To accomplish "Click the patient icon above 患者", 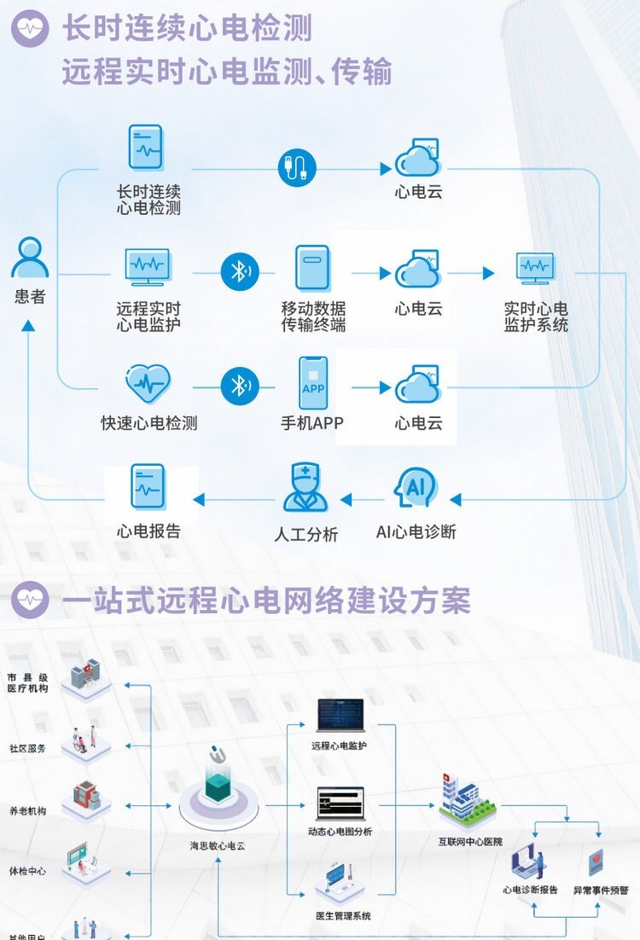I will pos(30,258).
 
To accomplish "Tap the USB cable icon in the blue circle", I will pos(297,167).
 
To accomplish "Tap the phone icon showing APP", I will pos(312,383).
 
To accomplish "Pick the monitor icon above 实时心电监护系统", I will pos(536,270).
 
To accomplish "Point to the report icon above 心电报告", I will pos(148,488).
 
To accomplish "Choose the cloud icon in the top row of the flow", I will pos(416,159).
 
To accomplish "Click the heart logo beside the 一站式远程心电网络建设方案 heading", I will pos(30,601).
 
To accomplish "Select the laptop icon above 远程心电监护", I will pos(340,716).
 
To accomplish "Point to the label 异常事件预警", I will pos(601,890).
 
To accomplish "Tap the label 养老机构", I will pos(27,811).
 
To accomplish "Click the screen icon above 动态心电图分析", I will pos(340,804).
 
